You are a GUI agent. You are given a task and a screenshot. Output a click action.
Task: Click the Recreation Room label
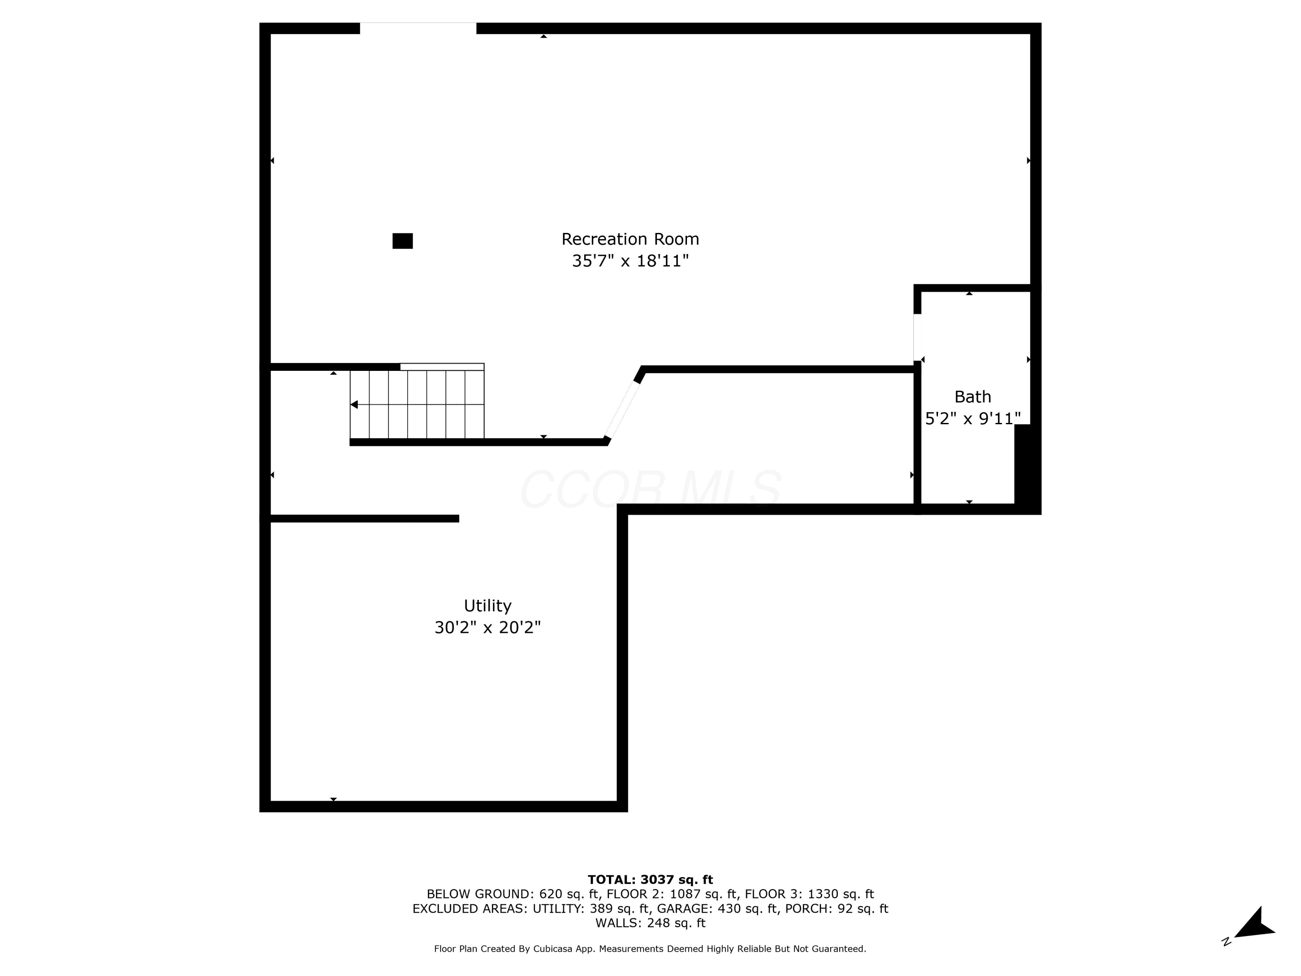tap(630, 239)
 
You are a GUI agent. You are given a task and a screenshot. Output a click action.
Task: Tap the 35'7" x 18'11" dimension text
tap(630, 261)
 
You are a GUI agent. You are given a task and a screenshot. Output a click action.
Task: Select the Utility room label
tap(487, 606)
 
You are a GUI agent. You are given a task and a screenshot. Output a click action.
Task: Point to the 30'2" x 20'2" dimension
tap(487, 628)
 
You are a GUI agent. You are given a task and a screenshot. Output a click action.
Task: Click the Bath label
tap(973, 396)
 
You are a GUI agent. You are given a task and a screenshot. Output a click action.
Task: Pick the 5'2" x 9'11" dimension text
tap(973, 418)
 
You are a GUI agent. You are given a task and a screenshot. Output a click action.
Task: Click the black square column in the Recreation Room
tap(402, 241)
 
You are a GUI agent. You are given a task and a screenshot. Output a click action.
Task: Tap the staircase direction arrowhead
tap(354, 405)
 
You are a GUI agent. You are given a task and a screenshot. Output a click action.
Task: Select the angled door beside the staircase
tap(622, 410)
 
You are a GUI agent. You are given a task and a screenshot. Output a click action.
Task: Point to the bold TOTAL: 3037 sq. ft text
tap(650, 880)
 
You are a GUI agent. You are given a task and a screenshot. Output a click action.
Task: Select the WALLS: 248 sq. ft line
tap(650, 923)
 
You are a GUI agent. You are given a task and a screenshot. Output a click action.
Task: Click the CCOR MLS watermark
tap(650, 489)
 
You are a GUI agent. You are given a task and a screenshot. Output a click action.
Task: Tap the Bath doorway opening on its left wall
tap(917, 337)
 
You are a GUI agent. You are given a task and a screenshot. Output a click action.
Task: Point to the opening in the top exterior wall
tap(418, 28)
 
